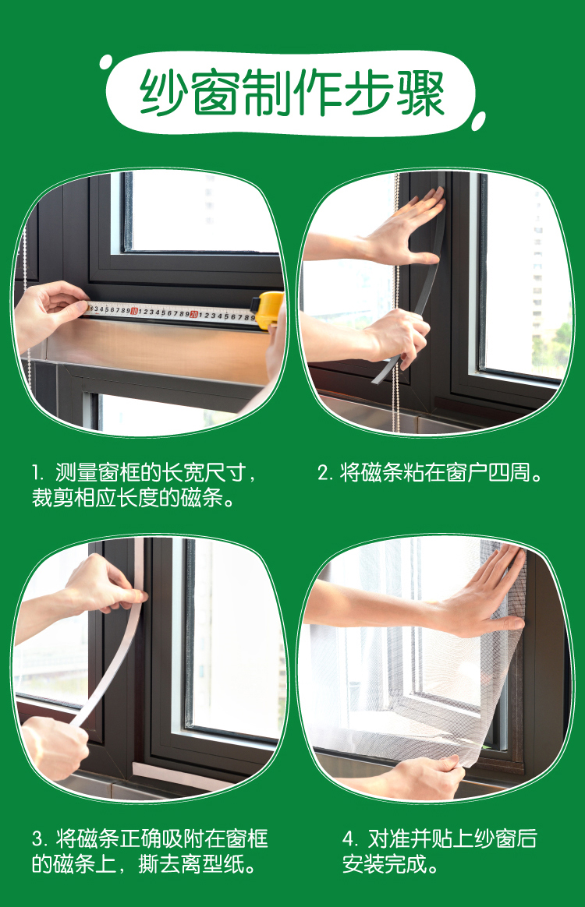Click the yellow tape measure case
click(269, 309)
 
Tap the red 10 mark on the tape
click(134, 311)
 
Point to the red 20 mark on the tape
click(194, 314)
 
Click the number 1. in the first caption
click(38, 473)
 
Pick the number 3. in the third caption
click(40, 838)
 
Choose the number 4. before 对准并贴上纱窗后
click(350, 838)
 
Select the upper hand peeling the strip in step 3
click(105, 584)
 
